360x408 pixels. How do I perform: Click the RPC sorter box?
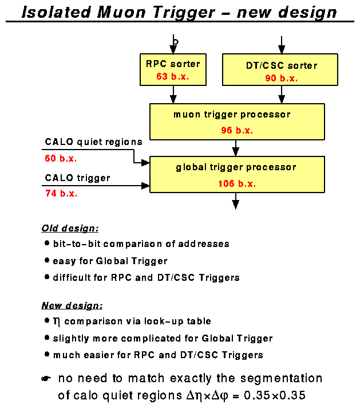click(172, 69)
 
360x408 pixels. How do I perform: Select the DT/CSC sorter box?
click(281, 70)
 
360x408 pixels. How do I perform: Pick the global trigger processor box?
click(236, 175)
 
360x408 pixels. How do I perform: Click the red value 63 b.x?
click(172, 76)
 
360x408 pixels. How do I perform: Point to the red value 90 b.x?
click(281, 79)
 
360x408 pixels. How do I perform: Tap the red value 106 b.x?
click(236, 184)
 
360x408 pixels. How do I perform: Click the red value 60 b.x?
click(61, 158)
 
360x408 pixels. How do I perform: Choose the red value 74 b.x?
click(61, 194)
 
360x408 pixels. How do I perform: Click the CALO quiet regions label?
click(94, 142)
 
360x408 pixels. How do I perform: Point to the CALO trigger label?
click(78, 178)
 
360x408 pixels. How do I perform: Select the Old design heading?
click(70, 228)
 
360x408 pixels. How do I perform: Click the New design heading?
click(72, 305)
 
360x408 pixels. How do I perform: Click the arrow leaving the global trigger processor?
click(236, 202)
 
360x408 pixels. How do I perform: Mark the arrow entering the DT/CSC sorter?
click(281, 45)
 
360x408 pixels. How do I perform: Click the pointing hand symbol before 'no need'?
click(46, 379)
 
